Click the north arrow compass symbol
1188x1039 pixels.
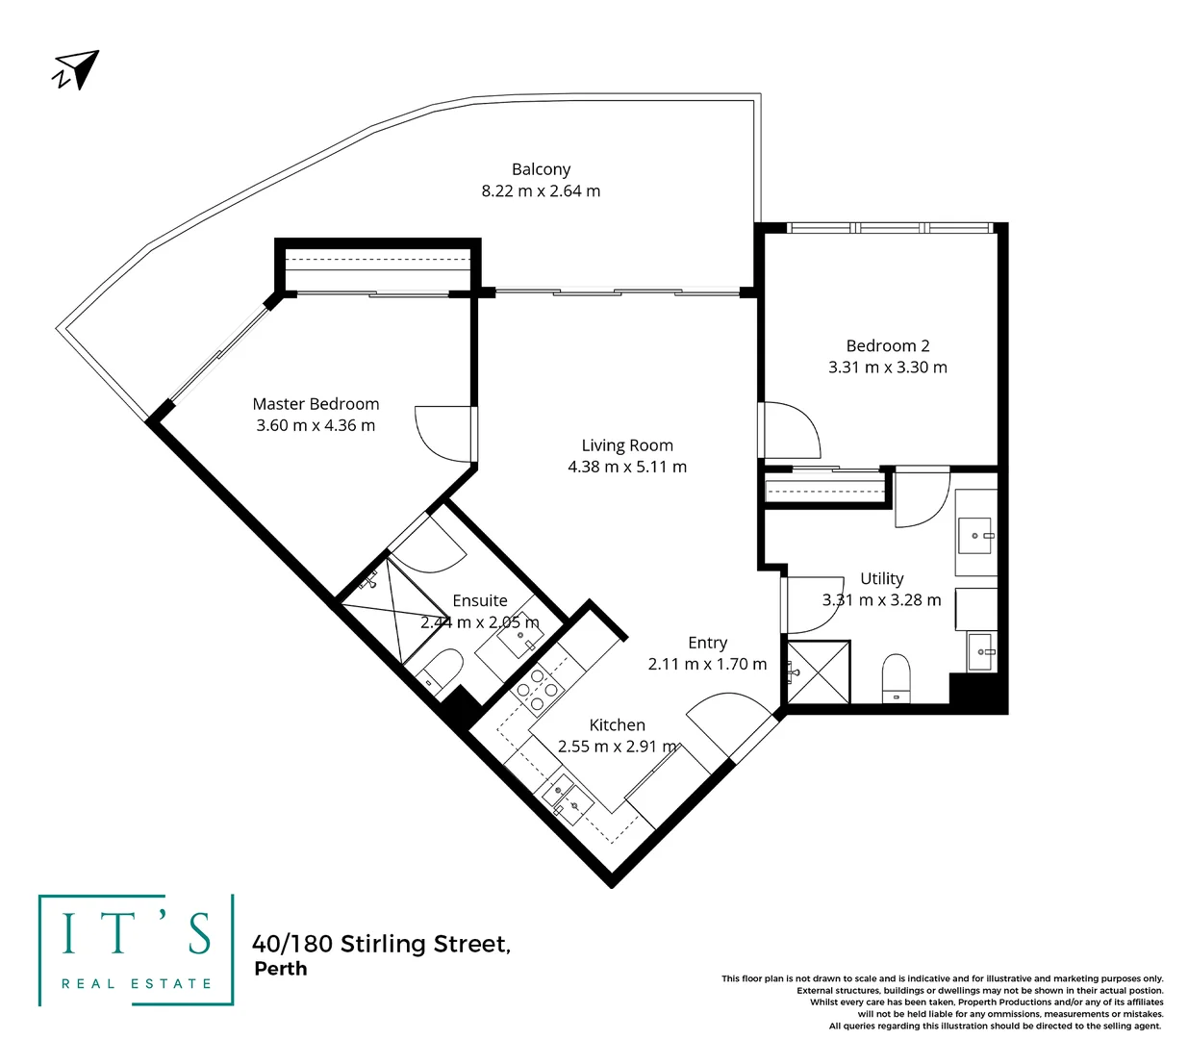[76, 70]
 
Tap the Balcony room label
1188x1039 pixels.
[541, 169]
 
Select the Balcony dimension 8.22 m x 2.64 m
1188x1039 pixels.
[541, 191]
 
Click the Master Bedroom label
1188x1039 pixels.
[316, 404]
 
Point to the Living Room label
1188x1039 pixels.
[627, 445]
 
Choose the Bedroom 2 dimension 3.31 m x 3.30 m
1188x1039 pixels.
[887, 367]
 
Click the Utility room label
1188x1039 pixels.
[881, 578]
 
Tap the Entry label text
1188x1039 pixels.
[707, 643]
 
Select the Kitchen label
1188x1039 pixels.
[617, 725]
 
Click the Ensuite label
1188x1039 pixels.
[480, 600]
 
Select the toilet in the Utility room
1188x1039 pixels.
[896, 678]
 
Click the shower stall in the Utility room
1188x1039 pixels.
[818, 672]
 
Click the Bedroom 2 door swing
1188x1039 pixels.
[789, 429]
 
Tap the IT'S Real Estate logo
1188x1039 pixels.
[136, 950]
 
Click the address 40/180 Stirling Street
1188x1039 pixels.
[381, 944]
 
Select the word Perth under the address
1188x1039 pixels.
[280, 969]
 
